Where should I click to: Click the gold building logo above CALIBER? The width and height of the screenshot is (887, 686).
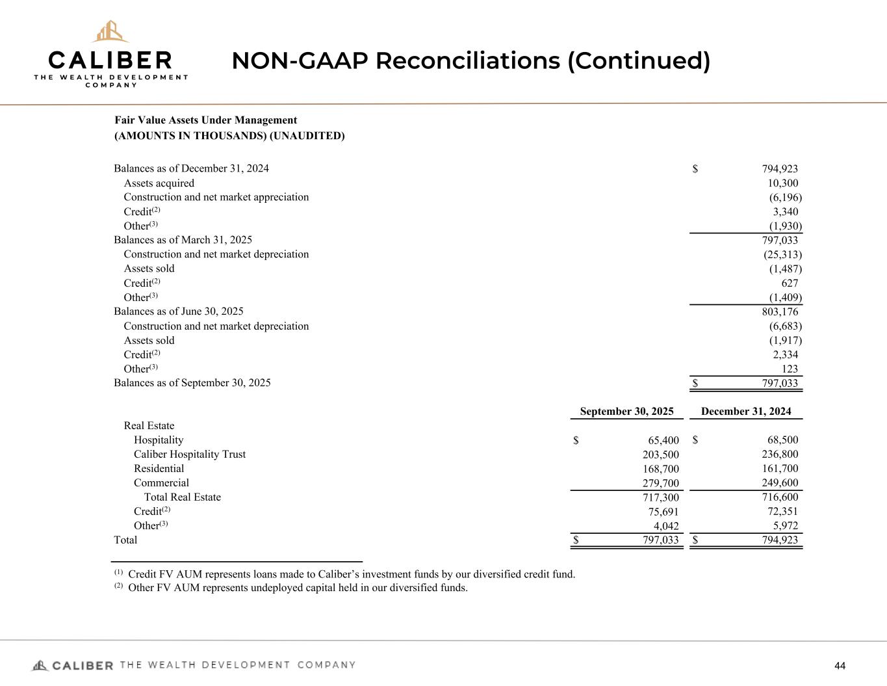tap(110, 31)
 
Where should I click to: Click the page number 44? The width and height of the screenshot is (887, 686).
tap(840, 665)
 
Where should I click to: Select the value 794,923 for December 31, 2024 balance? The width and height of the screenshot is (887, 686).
tap(780, 168)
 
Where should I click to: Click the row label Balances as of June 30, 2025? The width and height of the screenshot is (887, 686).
tap(179, 311)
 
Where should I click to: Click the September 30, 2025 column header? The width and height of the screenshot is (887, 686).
tap(626, 412)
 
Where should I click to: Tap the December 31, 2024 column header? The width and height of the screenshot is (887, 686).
tap(746, 412)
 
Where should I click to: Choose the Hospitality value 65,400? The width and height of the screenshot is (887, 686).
tap(660, 440)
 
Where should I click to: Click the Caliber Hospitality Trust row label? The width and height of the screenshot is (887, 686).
tap(190, 455)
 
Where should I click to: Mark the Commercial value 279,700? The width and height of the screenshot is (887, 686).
tap(657, 483)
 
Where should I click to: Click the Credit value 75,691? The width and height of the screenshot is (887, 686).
tap(660, 512)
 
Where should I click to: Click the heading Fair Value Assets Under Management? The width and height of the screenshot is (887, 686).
tap(205, 120)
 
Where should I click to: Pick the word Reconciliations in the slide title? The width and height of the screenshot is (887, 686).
tap(467, 61)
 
